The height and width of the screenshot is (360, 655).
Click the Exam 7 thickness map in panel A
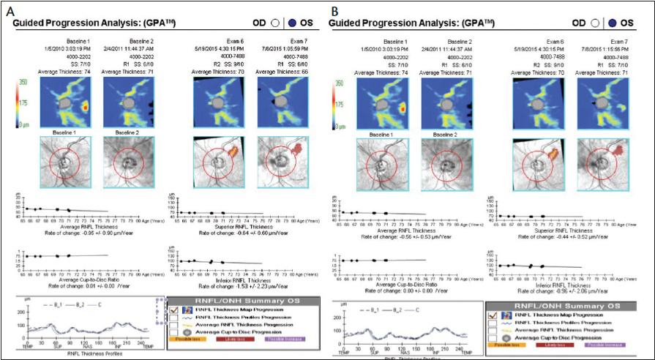click(282, 100)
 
